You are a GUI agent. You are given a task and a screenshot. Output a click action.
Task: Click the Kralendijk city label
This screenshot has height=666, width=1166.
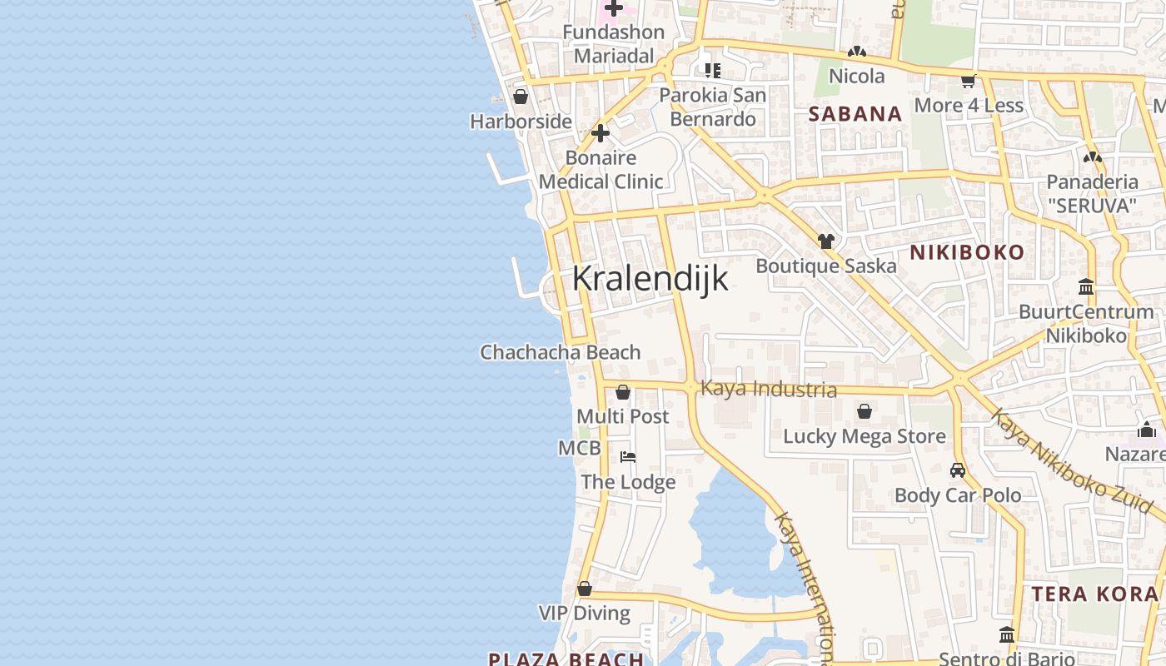[x=650, y=279]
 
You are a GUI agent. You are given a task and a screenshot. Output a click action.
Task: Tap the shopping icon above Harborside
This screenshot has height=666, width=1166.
[x=521, y=97]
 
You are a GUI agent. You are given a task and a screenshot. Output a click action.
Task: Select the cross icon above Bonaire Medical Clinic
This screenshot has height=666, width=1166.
[x=600, y=133]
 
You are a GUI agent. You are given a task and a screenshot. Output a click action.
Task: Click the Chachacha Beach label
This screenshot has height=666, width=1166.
[x=561, y=352]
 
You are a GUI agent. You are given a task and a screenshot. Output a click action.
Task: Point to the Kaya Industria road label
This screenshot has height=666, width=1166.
[x=769, y=389]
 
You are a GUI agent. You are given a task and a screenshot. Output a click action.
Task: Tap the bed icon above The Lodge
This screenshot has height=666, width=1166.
[x=628, y=457]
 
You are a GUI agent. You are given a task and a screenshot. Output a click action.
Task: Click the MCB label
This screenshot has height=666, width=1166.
[x=579, y=449]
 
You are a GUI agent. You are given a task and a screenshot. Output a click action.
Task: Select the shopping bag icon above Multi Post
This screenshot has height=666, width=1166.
[x=622, y=392]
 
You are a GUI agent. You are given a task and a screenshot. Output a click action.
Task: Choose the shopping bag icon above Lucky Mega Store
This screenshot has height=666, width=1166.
[x=865, y=411]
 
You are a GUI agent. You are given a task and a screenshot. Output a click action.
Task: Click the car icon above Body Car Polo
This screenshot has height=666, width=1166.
[x=958, y=470]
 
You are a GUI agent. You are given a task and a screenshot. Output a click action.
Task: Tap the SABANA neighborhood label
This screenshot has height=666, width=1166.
[x=855, y=114]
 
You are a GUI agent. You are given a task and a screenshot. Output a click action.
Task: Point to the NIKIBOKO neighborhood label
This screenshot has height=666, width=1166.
[x=966, y=252]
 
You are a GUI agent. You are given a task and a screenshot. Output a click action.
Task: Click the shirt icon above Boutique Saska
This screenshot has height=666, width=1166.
[x=825, y=241]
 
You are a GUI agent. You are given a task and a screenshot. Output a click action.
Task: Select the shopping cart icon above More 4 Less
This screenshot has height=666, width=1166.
[x=968, y=81]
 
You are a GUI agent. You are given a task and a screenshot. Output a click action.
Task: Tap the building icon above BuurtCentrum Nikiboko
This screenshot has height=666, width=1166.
[x=1086, y=287]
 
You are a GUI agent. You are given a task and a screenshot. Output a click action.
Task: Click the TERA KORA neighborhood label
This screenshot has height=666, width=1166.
[x=1095, y=594]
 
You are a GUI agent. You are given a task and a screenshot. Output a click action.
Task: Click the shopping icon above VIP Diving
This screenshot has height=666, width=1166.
[x=585, y=589]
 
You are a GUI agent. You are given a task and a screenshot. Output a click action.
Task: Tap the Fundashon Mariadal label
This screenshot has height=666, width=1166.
[x=614, y=44]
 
